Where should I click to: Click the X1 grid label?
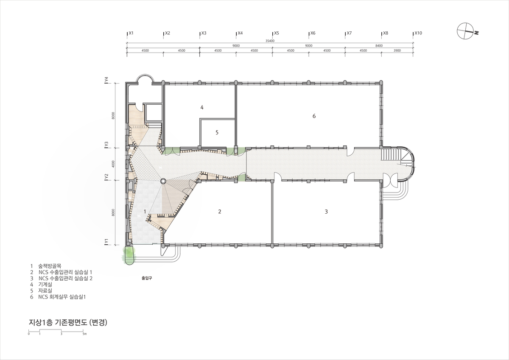coord(131,33)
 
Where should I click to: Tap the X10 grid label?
coord(418,33)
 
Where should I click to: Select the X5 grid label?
coord(276,33)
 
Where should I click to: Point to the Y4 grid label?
coord(106,80)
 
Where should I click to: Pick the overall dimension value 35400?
coord(270,41)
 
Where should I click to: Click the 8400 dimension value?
coord(379,46)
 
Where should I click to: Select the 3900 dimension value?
coord(397,50)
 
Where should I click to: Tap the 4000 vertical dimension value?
coord(113,164)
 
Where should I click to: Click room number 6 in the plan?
coord(314,116)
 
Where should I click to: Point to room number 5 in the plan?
coord(217,132)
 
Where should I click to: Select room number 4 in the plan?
coord(202,107)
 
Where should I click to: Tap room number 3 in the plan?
coord(326,212)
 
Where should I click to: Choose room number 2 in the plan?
coord(220,212)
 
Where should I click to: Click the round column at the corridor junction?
coord(163,181)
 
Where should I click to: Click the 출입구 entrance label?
coord(147,278)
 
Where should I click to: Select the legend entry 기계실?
coord(45,285)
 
